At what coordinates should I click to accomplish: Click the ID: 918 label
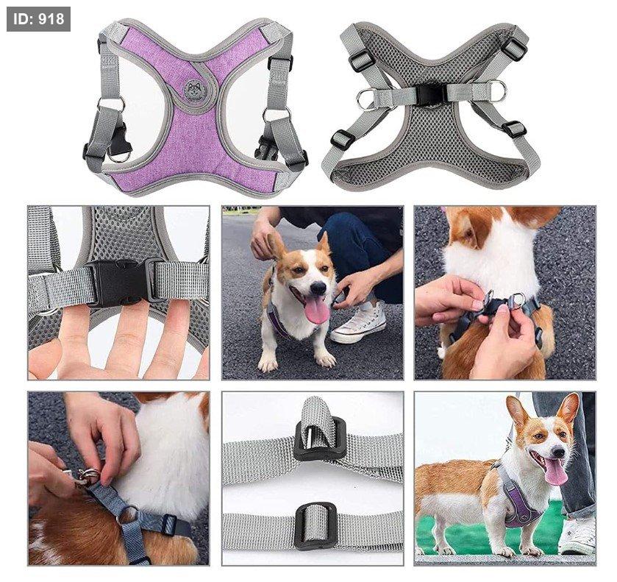(x=38, y=19)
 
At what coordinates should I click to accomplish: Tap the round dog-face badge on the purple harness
(x=193, y=89)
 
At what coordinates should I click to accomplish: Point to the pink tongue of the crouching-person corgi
(x=317, y=310)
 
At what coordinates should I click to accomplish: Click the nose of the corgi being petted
(x=318, y=288)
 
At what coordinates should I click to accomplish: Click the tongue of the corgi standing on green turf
(x=555, y=471)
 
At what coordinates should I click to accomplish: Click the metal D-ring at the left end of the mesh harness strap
(x=365, y=99)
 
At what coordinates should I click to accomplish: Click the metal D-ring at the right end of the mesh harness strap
(x=498, y=91)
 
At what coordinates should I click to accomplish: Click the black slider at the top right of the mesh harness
(x=515, y=47)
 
